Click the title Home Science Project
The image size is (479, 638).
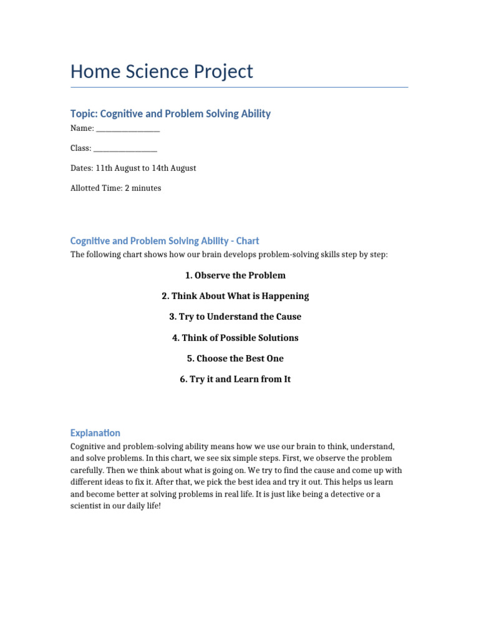[x=162, y=72]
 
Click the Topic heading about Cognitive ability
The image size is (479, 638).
[x=170, y=113]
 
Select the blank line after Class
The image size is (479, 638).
[x=125, y=149]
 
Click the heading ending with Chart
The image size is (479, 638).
[x=165, y=240]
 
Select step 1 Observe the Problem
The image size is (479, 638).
[x=235, y=275]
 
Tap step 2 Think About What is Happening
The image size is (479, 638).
[x=235, y=296]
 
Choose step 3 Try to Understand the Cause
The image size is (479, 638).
[x=235, y=317]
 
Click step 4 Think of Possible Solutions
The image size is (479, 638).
[x=235, y=338]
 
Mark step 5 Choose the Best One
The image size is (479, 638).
[x=235, y=358]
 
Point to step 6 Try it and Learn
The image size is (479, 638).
[x=235, y=379]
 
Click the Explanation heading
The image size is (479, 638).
[x=95, y=433]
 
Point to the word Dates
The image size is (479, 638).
[x=82, y=168]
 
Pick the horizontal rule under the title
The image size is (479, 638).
[x=239, y=87]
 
